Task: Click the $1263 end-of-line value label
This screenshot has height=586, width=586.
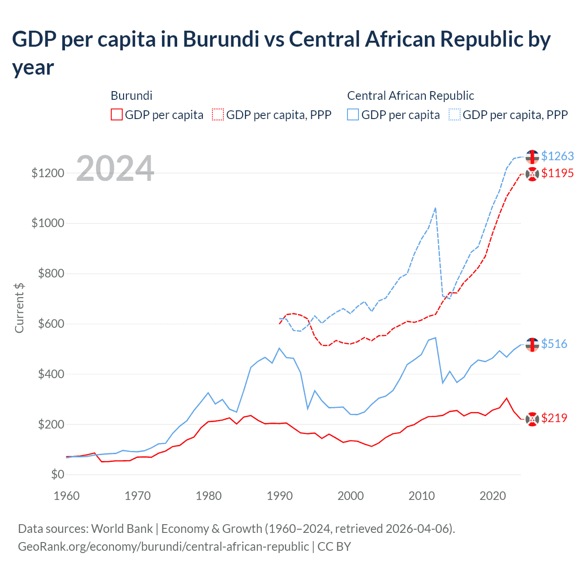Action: point(557,156)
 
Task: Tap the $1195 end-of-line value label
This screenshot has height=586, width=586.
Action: point(557,173)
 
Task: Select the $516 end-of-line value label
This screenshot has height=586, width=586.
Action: point(554,344)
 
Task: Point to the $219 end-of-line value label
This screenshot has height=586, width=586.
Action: point(554,418)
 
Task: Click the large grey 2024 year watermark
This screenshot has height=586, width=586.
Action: point(115,168)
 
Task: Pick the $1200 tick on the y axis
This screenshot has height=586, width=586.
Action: point(48,173)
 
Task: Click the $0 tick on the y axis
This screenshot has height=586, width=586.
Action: point(57,474)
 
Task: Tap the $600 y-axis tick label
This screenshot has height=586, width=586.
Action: point(51,324)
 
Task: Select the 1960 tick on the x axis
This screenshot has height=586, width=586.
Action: point(67,496)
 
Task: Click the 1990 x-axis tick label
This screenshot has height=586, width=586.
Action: point(280,496)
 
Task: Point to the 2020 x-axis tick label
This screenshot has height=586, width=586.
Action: point(493,496)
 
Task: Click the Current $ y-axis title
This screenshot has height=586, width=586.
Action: point(19,308)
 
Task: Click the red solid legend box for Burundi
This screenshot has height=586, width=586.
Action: point(117,114)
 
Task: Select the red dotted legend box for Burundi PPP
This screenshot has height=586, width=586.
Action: point(218,114)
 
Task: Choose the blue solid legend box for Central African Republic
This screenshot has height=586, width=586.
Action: point(353,114)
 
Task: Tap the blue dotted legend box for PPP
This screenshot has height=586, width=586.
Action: point(455,114)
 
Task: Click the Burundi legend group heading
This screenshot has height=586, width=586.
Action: point(131,96)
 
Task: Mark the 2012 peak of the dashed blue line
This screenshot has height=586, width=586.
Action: point(435,208)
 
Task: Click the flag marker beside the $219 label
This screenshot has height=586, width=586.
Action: point(532,418)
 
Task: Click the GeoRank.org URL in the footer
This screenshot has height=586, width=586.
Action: point(163,547)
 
